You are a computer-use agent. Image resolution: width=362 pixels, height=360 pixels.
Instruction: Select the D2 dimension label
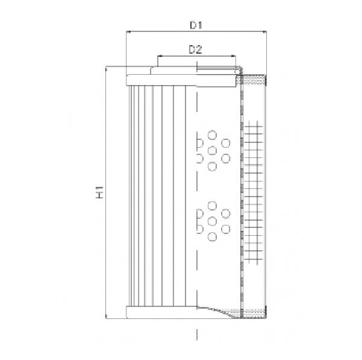(195, 49)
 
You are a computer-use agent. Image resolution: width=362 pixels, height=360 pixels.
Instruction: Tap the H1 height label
(101, 192)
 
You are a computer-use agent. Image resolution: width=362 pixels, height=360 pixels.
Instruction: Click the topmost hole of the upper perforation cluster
(212, 134)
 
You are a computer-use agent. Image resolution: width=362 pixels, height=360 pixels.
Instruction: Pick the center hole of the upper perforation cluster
(212, 150)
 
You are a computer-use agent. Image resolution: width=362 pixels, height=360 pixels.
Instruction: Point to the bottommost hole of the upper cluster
(212, 165)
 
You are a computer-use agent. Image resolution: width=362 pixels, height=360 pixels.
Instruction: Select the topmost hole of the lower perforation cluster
(212, 206)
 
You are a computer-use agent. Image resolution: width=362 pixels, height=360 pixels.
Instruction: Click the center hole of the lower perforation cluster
(212, 221)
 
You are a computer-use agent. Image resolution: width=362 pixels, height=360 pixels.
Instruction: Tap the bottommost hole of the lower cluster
(212, 236)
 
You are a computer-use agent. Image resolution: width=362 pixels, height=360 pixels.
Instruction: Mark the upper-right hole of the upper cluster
(226, 143)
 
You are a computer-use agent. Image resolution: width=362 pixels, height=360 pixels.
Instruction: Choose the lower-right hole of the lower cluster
(226, 229)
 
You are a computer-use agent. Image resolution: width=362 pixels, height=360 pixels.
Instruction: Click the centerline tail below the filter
(198, 335)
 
